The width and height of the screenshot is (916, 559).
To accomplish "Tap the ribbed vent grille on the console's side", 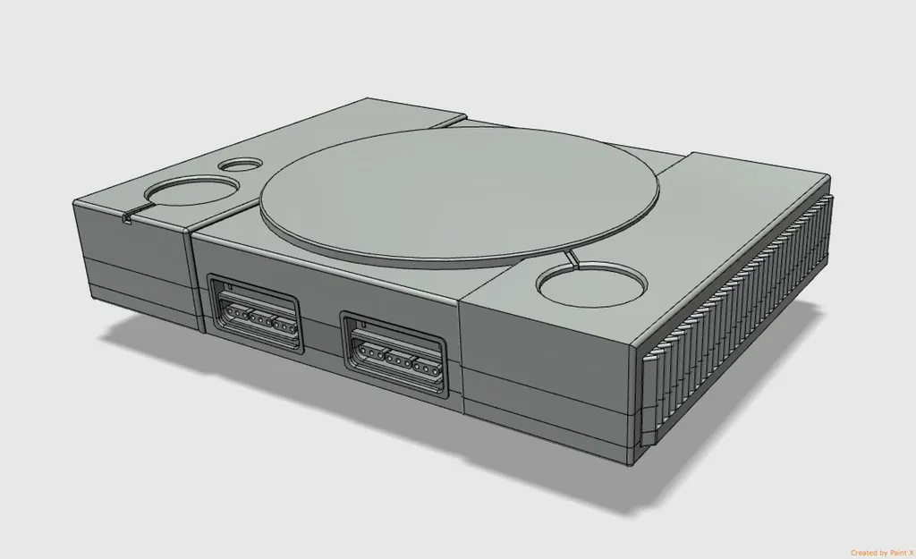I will [x=742, y=322].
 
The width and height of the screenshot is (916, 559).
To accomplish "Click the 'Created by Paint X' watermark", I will [x=881, y=552].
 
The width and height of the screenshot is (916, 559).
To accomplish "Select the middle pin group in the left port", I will [x=259, y=320].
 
